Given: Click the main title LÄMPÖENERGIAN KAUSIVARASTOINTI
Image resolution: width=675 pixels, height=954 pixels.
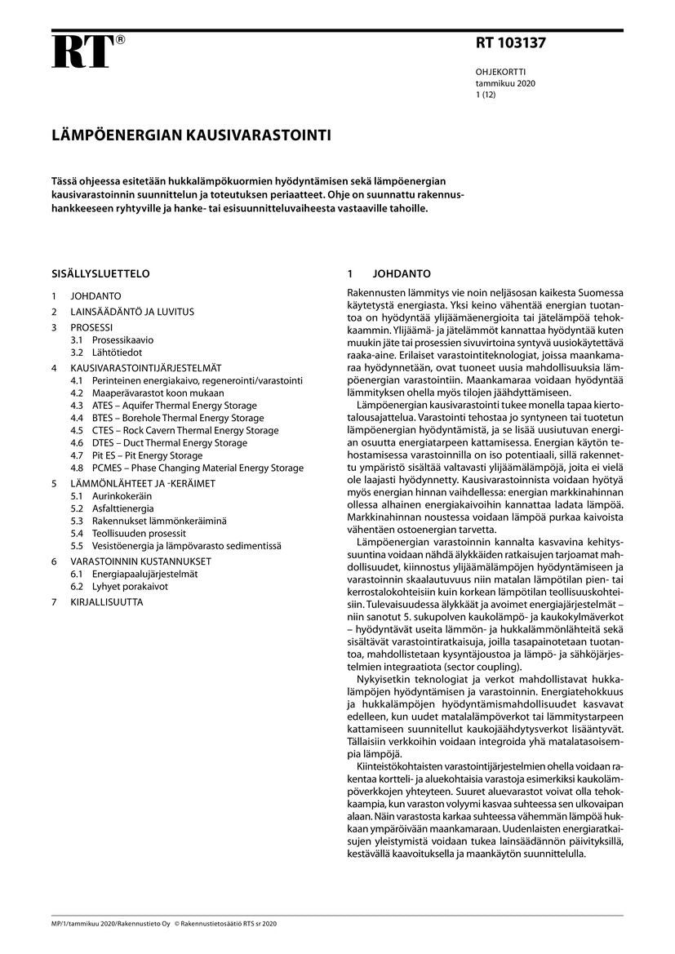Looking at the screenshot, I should pyautogui.click(x=192, y=135).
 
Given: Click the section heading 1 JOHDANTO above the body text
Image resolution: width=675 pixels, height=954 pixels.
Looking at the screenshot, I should pyautogui.click(x=389, y=273).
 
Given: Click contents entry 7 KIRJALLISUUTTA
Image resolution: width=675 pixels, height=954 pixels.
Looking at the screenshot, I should pyautogui.click(x=96, y=602).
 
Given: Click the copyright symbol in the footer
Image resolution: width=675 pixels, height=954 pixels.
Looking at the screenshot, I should pyautogui.click(x=175, y=923).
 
